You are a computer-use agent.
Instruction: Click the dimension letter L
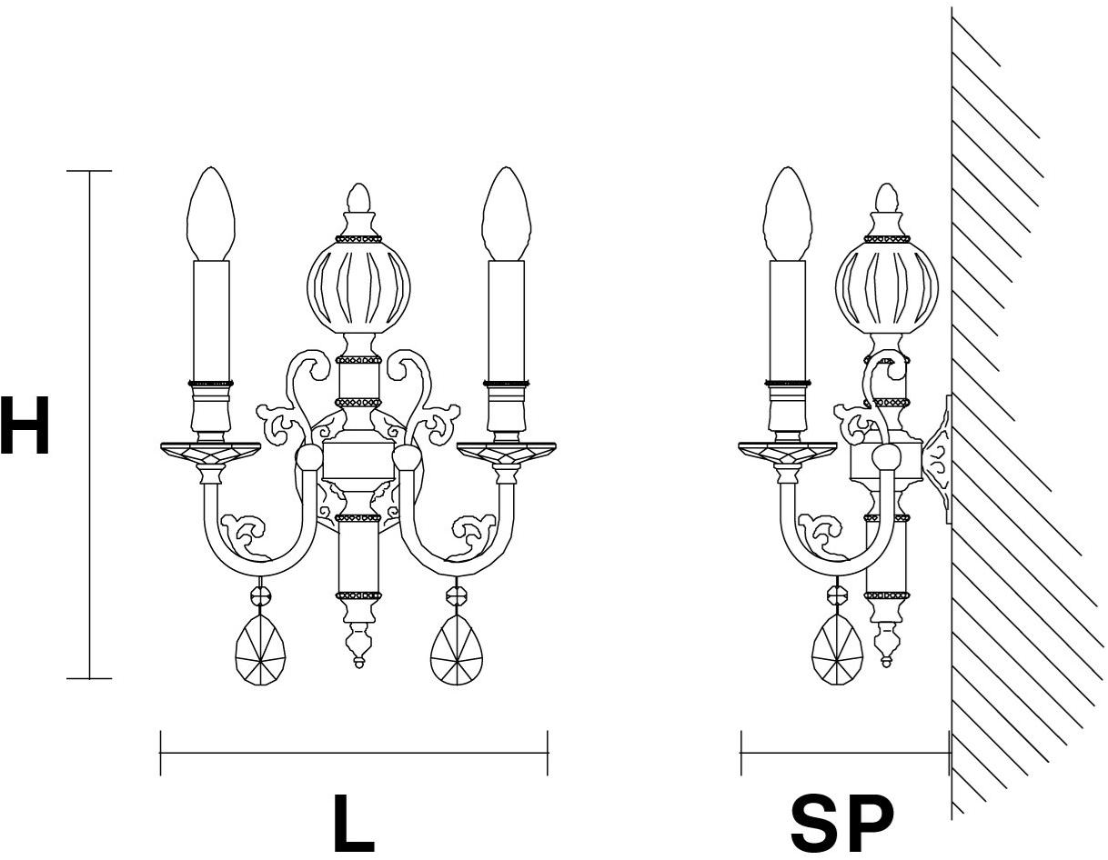354,823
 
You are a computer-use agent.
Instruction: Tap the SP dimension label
841,824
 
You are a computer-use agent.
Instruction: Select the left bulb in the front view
211,214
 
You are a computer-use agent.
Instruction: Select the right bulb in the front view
507,214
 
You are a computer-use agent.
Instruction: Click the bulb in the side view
789,214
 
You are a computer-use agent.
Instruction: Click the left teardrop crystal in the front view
260,650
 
